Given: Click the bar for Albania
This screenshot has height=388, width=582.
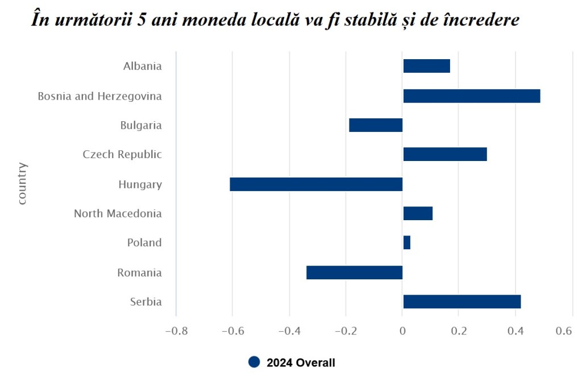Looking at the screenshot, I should tap(426, 66).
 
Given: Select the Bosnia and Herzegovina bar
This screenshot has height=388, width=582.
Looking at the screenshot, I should tap(471, 96).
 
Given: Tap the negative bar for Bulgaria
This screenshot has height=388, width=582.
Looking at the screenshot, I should tap(376, 125).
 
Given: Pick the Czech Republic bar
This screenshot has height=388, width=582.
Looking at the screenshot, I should tap(444, 154).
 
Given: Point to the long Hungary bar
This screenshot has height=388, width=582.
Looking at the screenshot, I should tap(316, 184).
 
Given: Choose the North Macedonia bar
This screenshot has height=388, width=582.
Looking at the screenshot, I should tap(418, 213).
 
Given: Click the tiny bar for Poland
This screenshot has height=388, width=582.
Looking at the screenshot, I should tap(406, 242).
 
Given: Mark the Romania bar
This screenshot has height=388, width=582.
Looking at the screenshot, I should tap(354, 273).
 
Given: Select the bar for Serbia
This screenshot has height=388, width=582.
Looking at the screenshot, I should tap(462, 302).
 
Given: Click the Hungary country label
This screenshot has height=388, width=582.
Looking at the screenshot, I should tap(140, 184).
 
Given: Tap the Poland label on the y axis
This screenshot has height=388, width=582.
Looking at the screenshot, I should tap(144, 242).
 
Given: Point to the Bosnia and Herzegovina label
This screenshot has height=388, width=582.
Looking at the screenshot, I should tap(99, 96).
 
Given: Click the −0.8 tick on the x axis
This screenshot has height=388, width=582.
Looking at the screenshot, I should tap(176, 331).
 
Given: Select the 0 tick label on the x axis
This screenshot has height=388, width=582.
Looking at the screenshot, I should tap(402, 331).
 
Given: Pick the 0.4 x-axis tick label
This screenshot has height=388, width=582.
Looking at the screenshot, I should tap(515, 331).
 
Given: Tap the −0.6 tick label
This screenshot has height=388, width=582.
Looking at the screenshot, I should tap(232, 331).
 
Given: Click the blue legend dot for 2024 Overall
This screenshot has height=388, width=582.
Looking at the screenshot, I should tap(254, 362).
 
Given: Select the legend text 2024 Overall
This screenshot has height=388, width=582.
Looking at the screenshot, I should tap(301, 362).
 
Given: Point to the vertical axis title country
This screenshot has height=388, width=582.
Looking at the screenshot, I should tap(22, 183).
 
